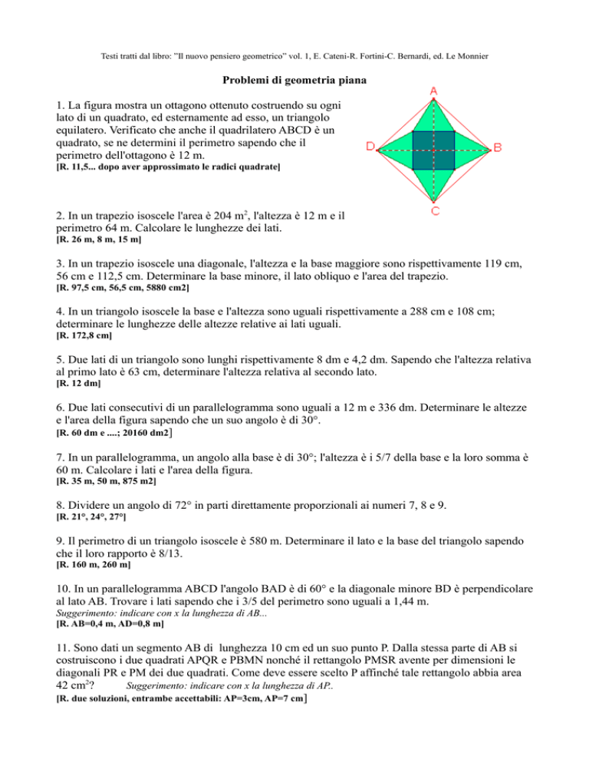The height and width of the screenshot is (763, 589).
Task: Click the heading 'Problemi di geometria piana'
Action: pyautogui.click(x=294, y=80)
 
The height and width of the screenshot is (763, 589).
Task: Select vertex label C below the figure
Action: pyautogui.click(x=434, y=211)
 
